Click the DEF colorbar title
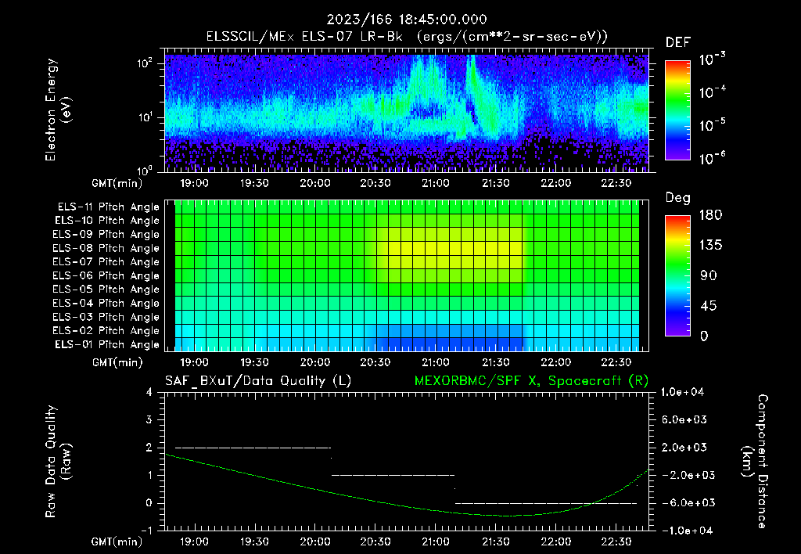pos(677,42)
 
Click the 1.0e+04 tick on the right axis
pos(684,392)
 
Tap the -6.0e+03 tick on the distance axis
pos(684,502)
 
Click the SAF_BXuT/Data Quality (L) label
pos(257,381)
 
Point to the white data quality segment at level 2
pos(253,448)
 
